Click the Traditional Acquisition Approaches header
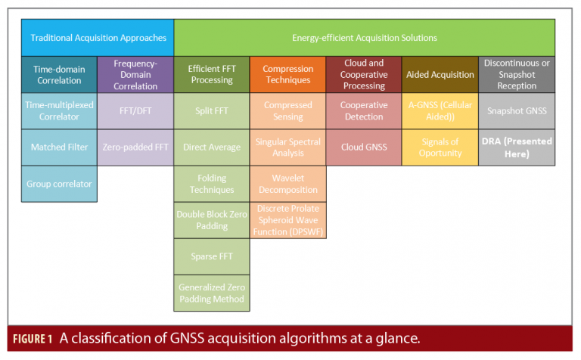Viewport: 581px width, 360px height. pyautogui.click(x=98, y=37)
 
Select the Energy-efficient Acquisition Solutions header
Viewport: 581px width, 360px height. pyautogui.click(x=364, y=37)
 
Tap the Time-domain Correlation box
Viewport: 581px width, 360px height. pyautogui.click(x=59, y=75)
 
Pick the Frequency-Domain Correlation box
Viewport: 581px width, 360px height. pyautogui.click(x=135, y=75)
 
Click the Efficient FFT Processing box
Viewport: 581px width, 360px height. pyautogui.click(x=211, y=75)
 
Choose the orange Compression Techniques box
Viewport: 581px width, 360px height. pyautogui.click(x=287, y=75)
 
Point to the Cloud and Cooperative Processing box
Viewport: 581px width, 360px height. pyautogui.click(x=364, y=75)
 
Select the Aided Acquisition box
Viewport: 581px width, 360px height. pyautogui.click(x=440, y=75)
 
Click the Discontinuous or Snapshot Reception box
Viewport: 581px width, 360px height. pyautogui.click(x=516, y=75)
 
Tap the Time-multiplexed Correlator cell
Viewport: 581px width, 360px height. pyautogui.click(x=59, y=110)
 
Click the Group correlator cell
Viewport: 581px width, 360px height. pyautogui.click(x=59, y=184)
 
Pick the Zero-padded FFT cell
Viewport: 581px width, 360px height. pyautogui.click(x=135, y=147)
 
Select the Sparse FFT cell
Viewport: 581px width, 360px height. pyautogui.click(x=211, y=256)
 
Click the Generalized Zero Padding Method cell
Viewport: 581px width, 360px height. pyautogui.click(x=211, y=293)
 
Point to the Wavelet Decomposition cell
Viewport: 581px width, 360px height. pyautogui.click(x=287, y=184)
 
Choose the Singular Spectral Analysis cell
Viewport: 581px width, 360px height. pyautogui.click(x=287, y=147)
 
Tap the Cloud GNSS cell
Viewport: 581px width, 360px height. pyautogui.click(x=364, y=147)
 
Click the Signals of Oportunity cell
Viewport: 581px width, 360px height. pyautogui.click(x=440, y=147)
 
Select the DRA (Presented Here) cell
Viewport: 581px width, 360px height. pyautogui.click(x=516, y=147)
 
